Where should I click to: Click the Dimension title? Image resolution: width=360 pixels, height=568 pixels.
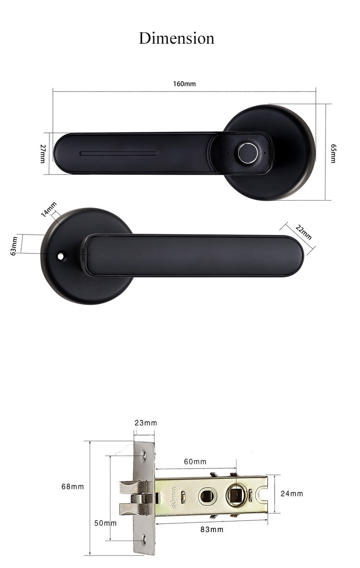point(177,38)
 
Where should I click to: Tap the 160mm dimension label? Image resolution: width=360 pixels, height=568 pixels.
point(184,84)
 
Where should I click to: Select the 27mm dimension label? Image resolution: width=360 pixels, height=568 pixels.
point(43,154)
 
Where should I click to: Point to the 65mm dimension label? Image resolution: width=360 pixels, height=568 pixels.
point(333,153)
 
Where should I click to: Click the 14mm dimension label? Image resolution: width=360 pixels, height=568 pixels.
point(48,209)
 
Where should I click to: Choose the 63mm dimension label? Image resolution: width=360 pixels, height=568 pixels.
point(14,246)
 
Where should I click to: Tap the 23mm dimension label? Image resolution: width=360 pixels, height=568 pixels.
point(146,423)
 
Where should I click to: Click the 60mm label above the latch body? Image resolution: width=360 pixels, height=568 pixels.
point(195,461)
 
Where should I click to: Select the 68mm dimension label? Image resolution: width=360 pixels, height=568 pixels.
point(72,486)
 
